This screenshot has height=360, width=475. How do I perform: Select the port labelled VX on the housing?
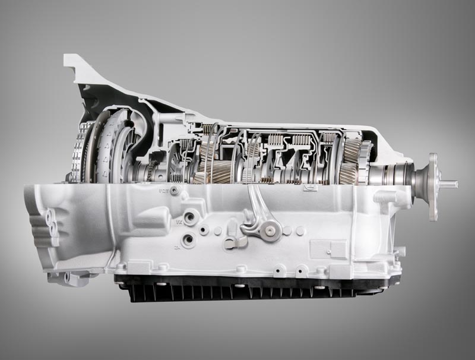point(190,218)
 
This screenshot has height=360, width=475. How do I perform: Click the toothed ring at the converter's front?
point(75,151)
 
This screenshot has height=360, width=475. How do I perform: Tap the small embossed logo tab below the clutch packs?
point(309,188)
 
